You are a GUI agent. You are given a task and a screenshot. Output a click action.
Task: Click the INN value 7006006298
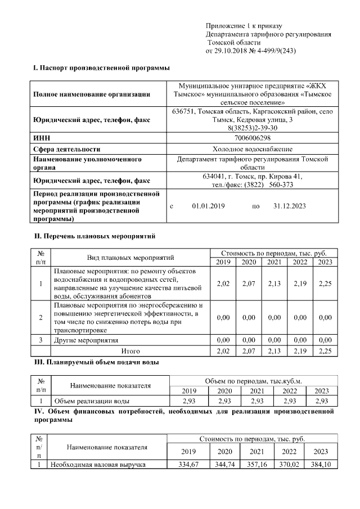[252, 138]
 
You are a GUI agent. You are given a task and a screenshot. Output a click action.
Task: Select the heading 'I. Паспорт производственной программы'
[101, 68]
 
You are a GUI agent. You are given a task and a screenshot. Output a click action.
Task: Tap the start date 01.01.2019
[208, 206]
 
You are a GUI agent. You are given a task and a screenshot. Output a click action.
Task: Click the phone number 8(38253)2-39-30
[252, 128]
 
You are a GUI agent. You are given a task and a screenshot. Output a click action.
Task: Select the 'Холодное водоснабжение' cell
[252, 149]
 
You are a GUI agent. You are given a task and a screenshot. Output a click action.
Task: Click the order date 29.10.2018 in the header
[231, 51]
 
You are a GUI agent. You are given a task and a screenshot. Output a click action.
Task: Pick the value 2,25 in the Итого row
[325, 350]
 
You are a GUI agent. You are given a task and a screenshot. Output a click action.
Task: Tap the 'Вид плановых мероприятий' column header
[130, 258]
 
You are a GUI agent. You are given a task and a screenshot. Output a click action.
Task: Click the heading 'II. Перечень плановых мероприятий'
[94, 236]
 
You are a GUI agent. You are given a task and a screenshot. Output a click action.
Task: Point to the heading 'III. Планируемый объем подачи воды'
[96, 362]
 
